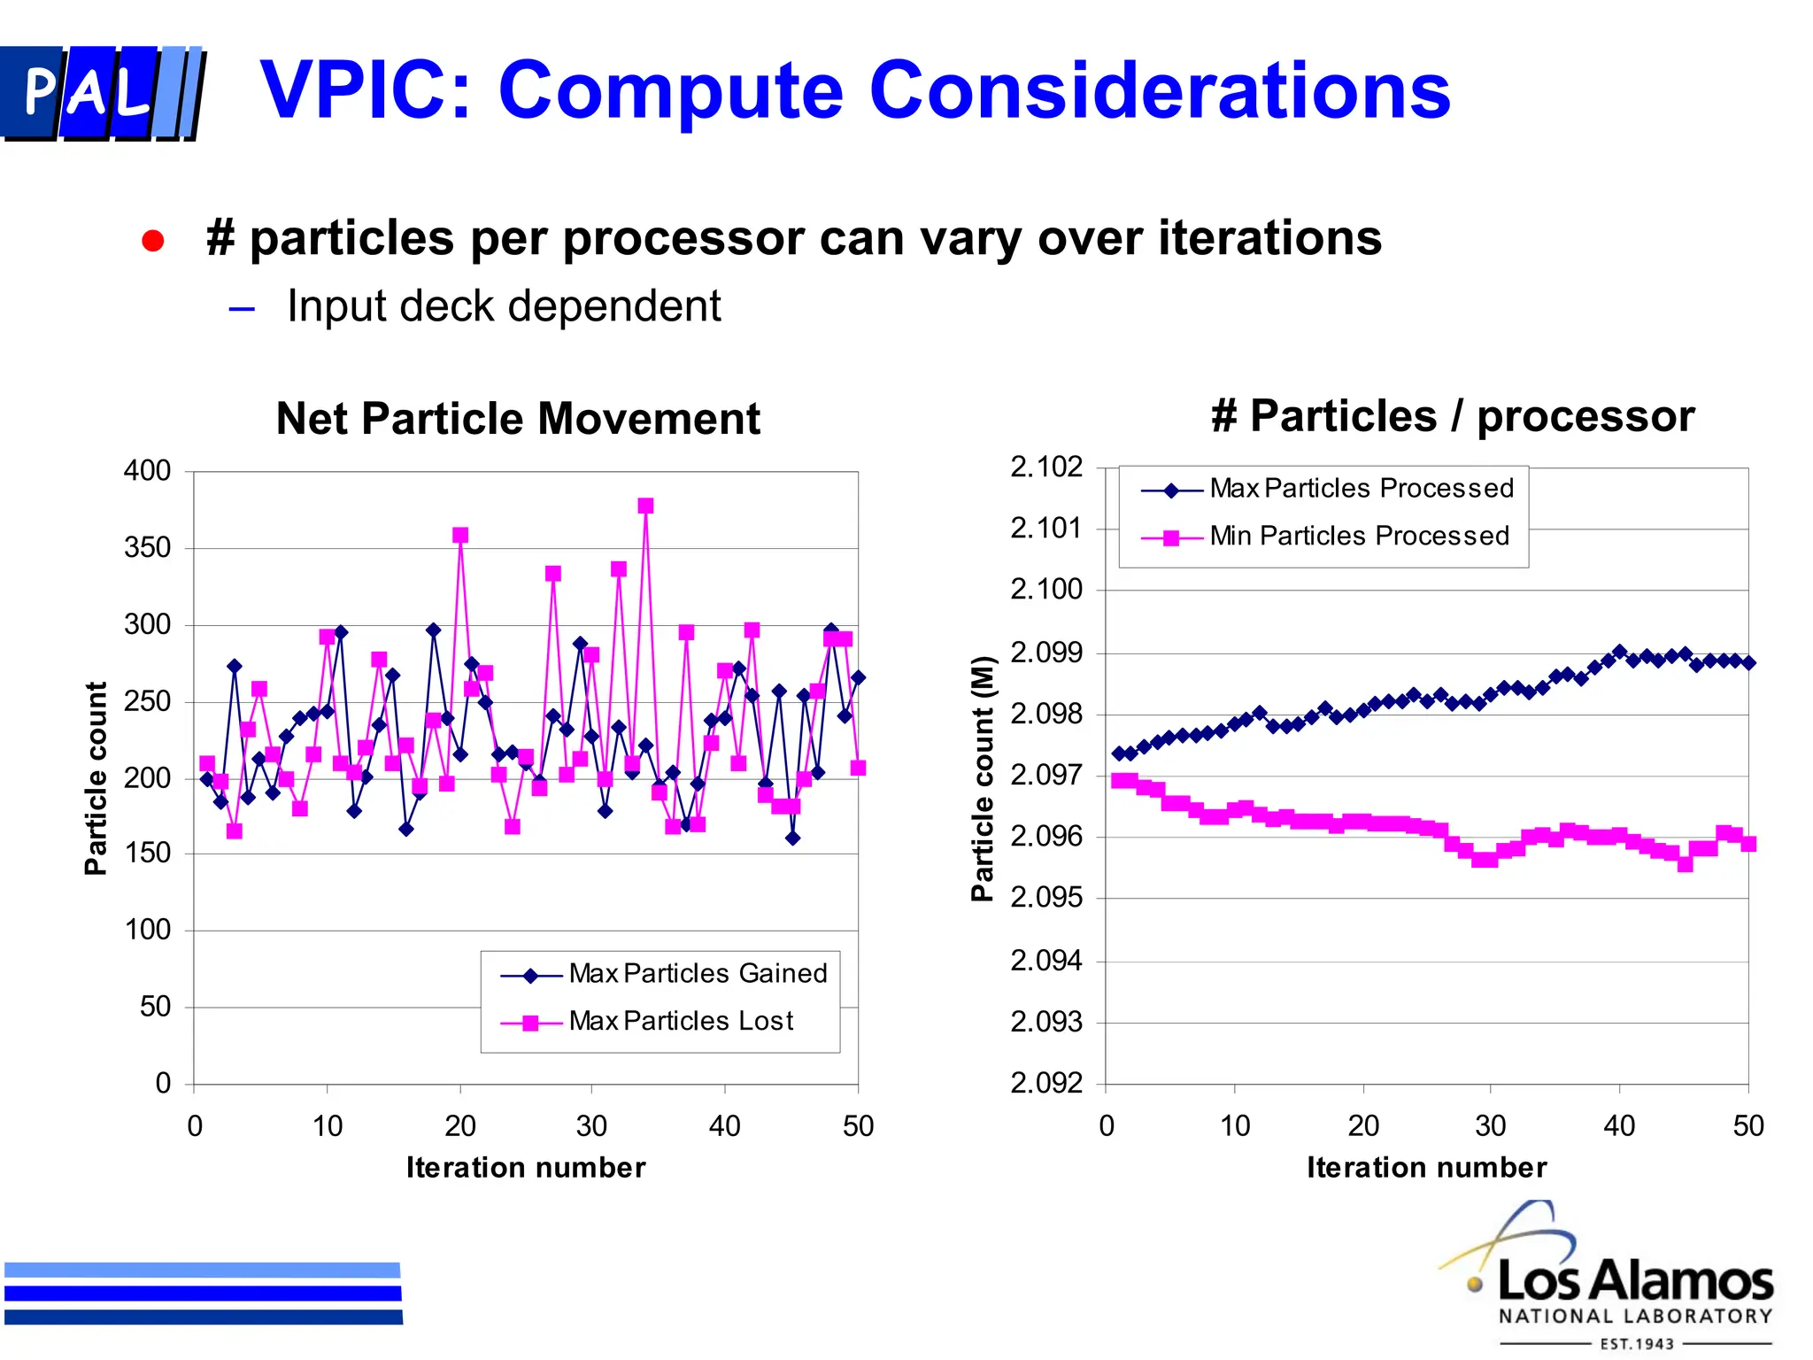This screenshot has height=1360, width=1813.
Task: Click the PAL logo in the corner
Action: click(102, 93)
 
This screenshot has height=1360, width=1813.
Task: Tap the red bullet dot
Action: click(153, 241)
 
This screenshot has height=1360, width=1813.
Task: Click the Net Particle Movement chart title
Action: click(518, 419)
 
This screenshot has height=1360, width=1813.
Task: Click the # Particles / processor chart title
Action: click(1452, 416)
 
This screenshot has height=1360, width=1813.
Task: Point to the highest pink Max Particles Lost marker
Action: click(645, 506)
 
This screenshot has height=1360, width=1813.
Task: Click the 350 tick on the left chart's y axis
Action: click(147, 548)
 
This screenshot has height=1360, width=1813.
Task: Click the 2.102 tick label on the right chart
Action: click(1046, 467)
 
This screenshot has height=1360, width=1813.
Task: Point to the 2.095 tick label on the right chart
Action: click(1046, 898)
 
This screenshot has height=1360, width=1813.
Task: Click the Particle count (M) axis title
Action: click(983, 778)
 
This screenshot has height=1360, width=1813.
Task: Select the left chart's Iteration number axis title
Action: click(526, 1168)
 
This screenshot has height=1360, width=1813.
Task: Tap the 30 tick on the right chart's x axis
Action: click(1491, 1126)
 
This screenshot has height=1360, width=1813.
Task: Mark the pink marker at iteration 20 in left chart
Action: click(460, 536)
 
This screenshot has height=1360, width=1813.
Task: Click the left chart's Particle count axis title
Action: click(96, 778)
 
